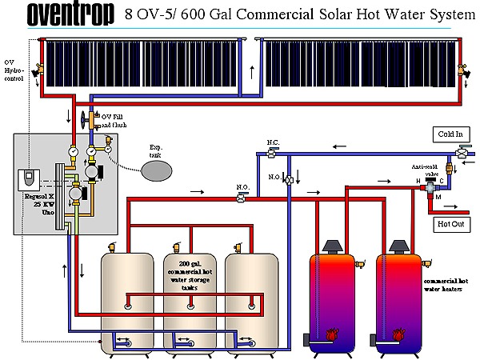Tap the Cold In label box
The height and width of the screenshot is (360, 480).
click(x=450, y=134)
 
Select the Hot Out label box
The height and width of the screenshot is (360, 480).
click(x=450, y=224)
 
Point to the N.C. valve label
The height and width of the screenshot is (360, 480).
click(x=272, y=142)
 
